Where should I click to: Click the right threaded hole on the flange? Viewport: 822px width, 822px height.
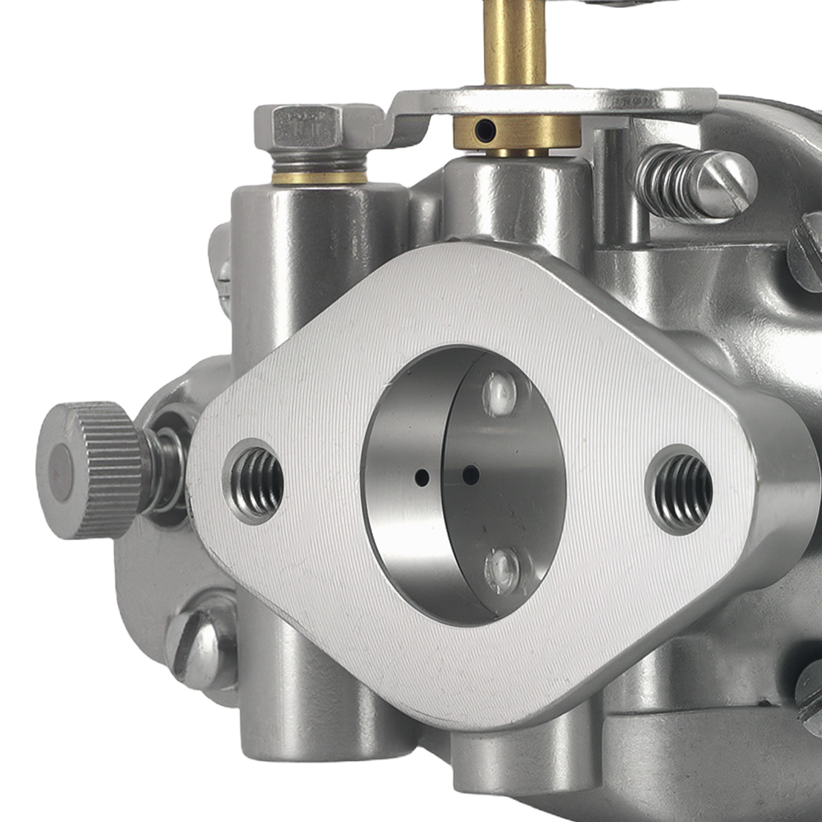679,489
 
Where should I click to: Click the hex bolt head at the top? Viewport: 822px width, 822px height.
307,125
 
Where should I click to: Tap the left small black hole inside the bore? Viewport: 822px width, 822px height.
422,477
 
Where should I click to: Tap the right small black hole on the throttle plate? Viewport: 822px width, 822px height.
471,475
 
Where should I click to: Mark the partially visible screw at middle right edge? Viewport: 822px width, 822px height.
807,252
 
